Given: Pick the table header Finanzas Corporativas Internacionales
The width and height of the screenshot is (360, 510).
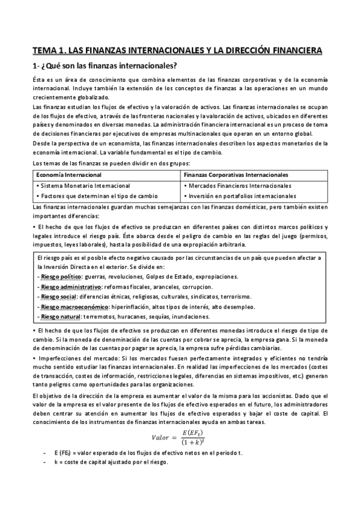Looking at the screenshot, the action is point(236,175).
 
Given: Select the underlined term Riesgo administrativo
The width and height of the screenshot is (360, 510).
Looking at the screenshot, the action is point(69,287).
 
